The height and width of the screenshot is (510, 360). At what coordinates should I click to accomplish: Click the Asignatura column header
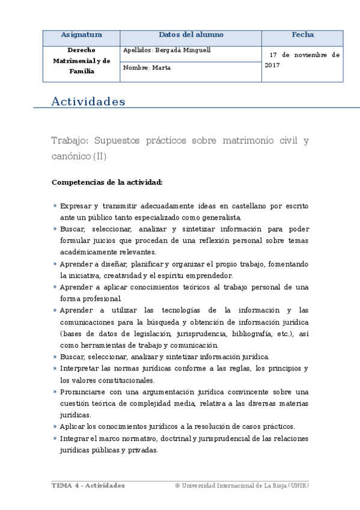82,35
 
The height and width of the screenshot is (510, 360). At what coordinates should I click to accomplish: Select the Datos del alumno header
190,35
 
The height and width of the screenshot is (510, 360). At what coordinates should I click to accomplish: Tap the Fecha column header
302,35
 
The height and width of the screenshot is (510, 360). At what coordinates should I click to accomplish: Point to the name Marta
162,68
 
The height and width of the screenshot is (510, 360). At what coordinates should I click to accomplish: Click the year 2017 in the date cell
272,64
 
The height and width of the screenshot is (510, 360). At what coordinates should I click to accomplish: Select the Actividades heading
88,101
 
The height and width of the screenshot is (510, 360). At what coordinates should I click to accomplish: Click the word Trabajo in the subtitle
70,141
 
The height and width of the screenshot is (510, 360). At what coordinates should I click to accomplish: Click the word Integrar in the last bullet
75,438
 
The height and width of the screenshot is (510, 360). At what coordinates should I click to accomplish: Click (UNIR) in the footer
298,485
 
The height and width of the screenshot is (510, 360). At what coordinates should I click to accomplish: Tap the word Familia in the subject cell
81,71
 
